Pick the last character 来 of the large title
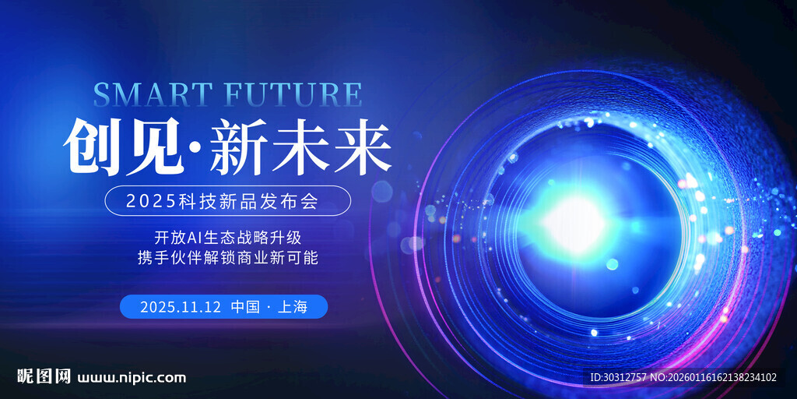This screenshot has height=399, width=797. (362, 146)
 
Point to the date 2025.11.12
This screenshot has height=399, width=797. (181, 307)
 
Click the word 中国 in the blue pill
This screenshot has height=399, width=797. (245, 307)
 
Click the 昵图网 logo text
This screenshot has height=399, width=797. (44, 377)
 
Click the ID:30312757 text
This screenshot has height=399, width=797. (618, 378)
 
